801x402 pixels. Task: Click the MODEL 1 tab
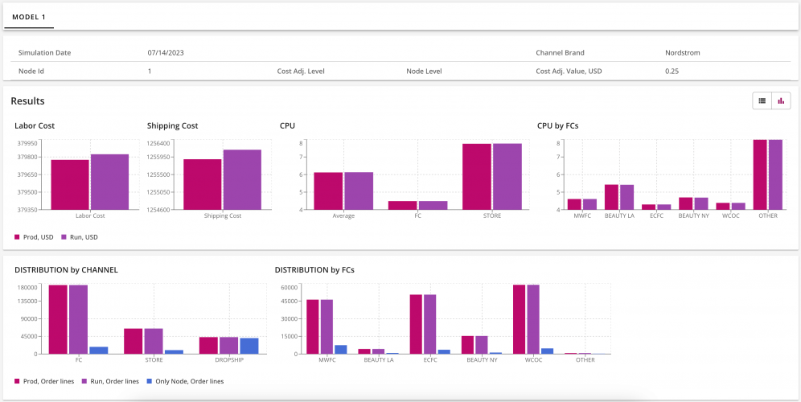click(29, 16)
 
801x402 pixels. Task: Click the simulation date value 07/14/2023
click(167, 53)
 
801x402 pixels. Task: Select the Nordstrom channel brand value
click(682, 53)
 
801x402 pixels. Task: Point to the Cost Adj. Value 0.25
click(672, 72)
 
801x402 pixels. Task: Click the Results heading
click(27, 101)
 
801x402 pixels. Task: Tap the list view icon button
click(761, 100)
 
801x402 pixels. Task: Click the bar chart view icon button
click(780, 100)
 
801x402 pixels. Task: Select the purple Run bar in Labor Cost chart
click(109, 182)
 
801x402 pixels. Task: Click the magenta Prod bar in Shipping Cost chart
click(202, 184)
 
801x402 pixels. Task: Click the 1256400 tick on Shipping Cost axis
click(158, 143)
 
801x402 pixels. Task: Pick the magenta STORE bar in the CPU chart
click(477, 177)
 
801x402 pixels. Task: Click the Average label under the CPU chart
click(343, 215)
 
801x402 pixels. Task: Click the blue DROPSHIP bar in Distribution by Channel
click(249, 346)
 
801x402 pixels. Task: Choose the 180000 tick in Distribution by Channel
click(29, 287)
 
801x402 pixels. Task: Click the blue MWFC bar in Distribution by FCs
click(341, 349)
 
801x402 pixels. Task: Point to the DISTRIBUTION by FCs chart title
click(314, 269)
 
